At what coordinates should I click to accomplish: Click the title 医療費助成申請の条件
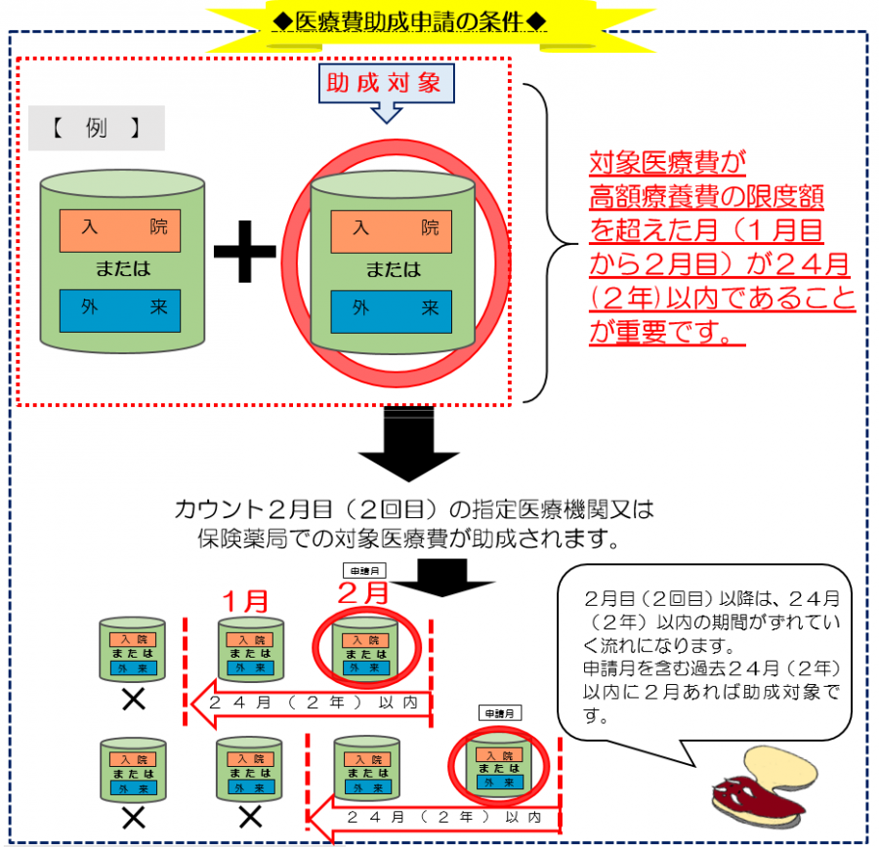[x=408, y=19]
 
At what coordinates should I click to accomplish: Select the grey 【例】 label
[x=96, y=128]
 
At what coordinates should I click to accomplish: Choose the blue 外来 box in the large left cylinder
[x=119, y=309]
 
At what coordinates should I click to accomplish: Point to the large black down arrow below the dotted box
[x=408, y=449]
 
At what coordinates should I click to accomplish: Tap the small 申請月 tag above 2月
[x=363, y=569]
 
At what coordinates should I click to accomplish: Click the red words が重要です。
[x=667, y=333]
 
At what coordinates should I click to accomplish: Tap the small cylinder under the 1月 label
[x=250, y=649]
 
